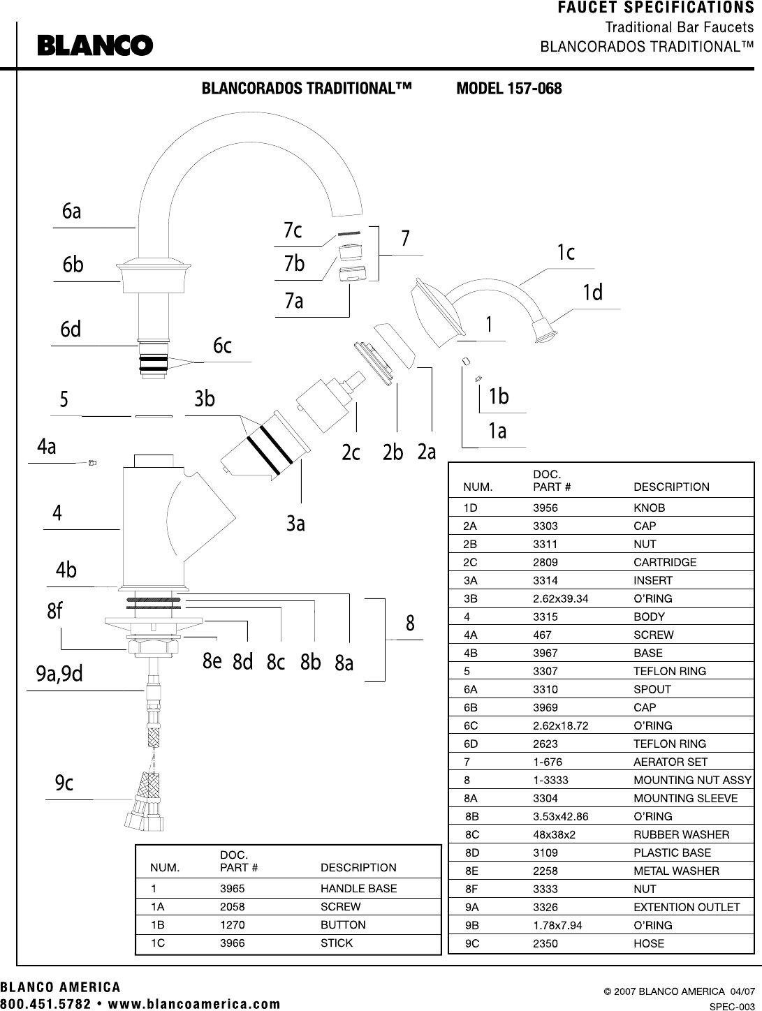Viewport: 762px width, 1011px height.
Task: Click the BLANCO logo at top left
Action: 95,45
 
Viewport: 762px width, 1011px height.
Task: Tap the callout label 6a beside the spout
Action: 71,211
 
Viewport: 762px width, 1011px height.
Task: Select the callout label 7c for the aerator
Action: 293,230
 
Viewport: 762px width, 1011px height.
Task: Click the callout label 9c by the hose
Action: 64,783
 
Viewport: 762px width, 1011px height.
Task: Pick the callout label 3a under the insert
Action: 295,523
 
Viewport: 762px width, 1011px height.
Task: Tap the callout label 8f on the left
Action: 54,611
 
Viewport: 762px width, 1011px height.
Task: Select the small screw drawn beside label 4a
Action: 92,462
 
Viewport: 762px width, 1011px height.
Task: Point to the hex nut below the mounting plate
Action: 153,647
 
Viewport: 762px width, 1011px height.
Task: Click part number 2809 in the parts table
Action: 545,562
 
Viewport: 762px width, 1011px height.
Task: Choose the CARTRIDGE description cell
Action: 665,562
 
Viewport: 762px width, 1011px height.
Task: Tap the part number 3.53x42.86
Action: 561,816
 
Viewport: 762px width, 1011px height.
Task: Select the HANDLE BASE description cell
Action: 358,888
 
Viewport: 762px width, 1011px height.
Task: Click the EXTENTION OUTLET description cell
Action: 687,907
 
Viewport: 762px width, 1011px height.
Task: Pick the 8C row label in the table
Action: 471,834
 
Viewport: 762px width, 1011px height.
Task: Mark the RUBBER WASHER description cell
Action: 682,834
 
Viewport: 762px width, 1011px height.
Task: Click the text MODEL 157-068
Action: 509,89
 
